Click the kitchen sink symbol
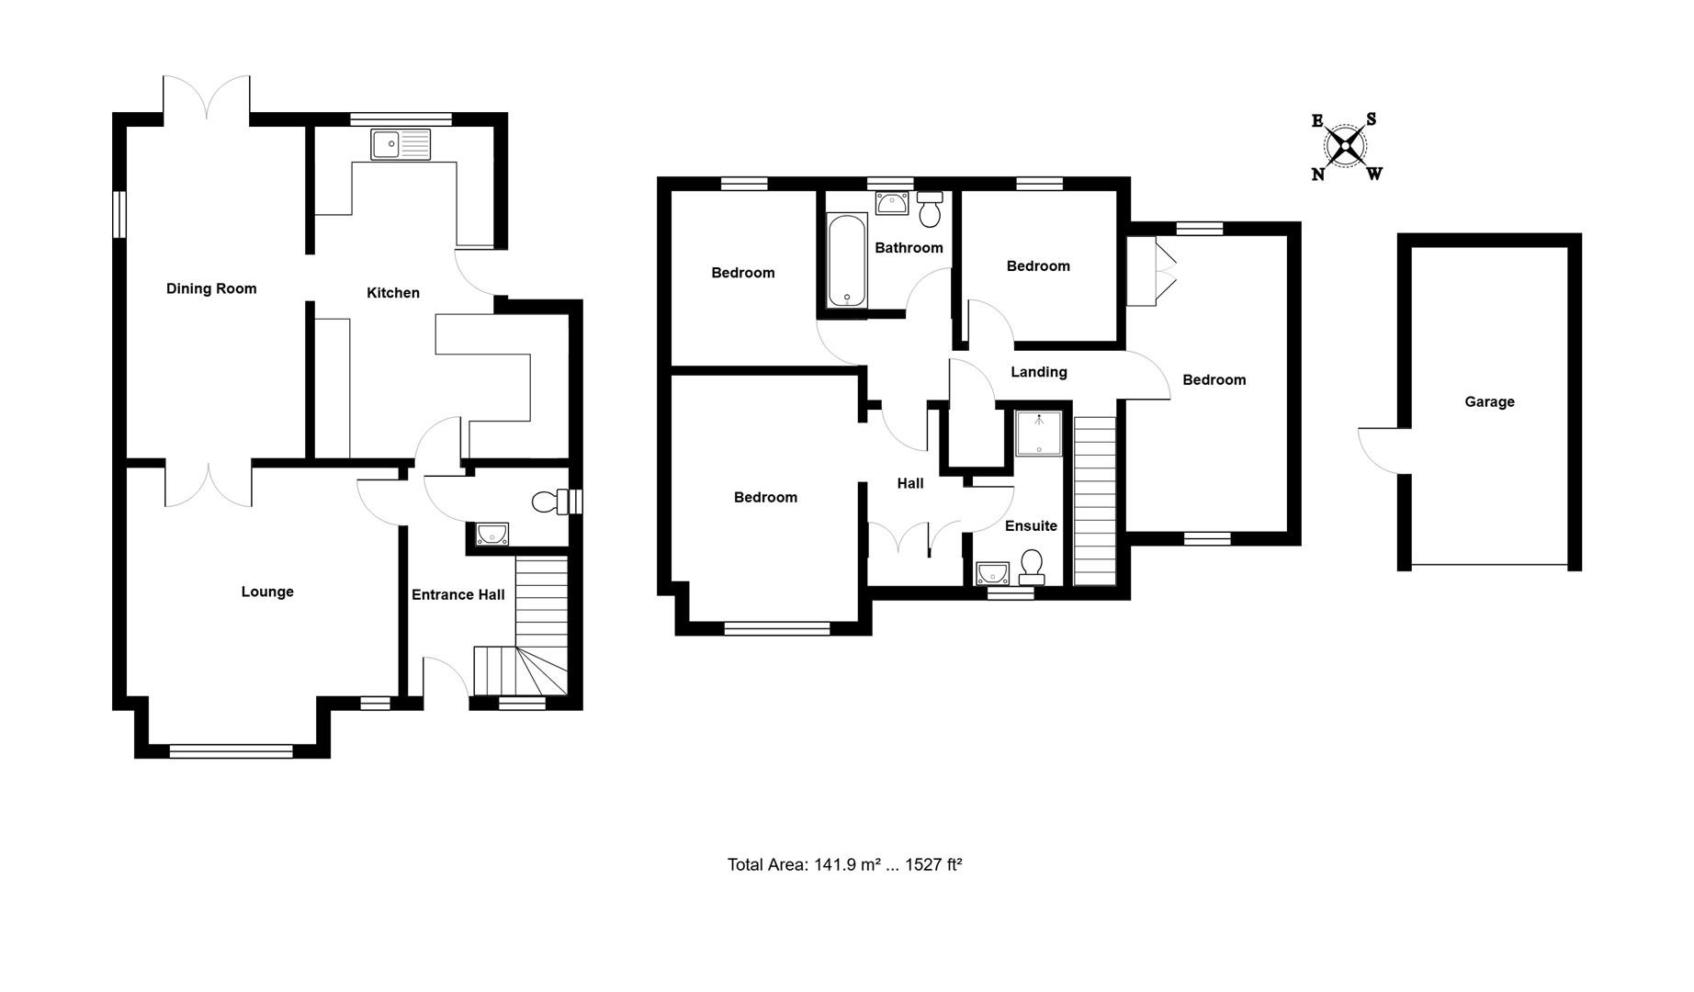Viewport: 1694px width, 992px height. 401,145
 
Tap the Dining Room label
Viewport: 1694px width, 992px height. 211,288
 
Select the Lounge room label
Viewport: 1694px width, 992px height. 267,592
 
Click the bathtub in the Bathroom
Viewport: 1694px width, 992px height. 846,260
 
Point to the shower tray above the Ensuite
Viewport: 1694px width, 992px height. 1038,433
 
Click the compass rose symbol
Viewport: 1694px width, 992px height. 1346,146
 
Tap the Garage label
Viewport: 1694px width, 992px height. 1489,401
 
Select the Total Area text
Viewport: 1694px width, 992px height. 844,864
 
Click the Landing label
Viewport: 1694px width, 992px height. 1038,372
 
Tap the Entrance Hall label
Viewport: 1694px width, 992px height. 457,594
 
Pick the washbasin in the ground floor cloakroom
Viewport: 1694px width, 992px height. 491,534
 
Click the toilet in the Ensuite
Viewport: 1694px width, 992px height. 1032,567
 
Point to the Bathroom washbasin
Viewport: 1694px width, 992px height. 891,203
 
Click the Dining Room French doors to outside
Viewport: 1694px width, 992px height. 207,99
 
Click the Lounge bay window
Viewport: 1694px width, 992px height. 231,751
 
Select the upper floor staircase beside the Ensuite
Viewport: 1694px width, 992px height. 1094,502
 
